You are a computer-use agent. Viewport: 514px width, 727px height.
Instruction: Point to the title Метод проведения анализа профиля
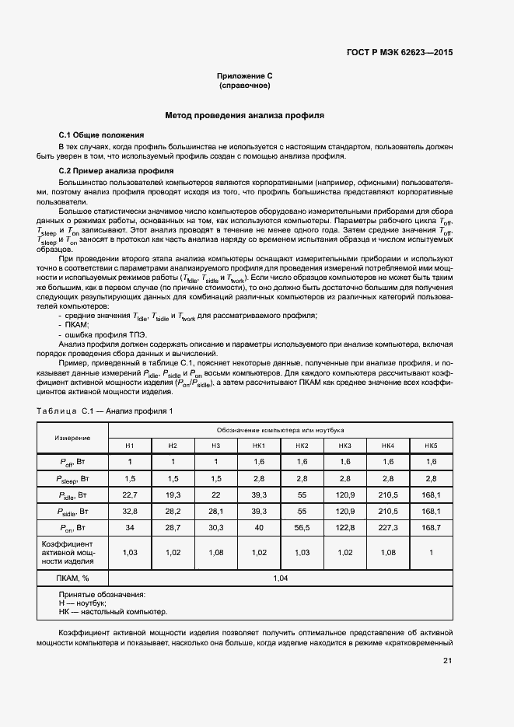pos(244,115)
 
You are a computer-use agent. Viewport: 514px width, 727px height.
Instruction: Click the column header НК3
pos(344,445)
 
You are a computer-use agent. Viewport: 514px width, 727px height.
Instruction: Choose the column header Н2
pos(173,445)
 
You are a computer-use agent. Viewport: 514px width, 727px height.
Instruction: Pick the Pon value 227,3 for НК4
pos(387,528)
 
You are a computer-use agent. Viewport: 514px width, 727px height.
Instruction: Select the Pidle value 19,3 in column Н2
pos(173,495)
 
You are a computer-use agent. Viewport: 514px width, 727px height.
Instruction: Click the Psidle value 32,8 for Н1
pos(130,512)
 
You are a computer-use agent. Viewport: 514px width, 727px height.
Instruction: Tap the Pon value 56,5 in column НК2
pos(302,528)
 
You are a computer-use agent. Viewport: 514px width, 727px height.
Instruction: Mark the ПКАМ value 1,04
pos(280,578)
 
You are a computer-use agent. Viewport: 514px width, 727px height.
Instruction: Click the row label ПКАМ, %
pos(72,578)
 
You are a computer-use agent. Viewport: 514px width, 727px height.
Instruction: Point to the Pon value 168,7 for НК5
pos(430,528)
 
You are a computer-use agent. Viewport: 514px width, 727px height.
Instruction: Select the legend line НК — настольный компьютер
pos(113,611)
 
